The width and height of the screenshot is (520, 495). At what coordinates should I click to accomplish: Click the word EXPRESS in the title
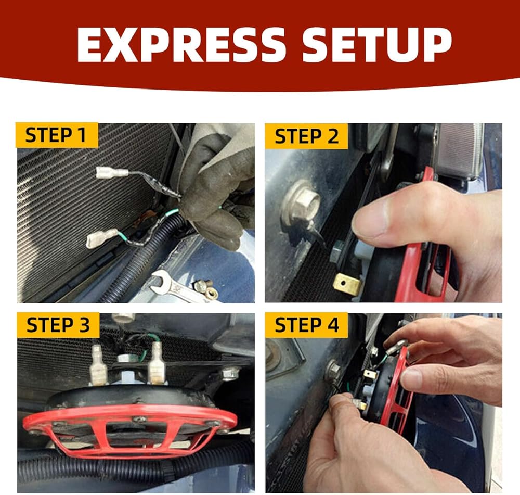tap(181, 44)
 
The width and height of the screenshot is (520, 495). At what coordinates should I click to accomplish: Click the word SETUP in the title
tap(377, 44)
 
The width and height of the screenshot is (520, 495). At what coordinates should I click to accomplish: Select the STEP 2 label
tap(306, 136)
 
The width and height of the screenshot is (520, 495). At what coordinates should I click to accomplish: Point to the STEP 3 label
tap(58, 325)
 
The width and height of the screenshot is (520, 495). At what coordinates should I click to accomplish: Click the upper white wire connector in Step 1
tap(112, 173)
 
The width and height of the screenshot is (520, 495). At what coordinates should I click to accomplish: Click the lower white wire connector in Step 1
tap(101, 238)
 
